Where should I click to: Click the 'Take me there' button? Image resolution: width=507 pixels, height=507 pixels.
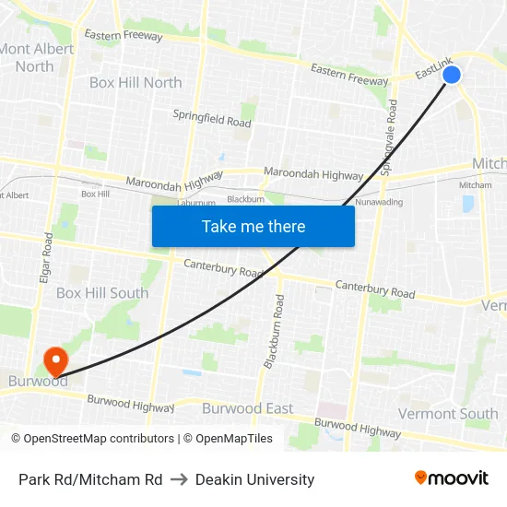point(253,226)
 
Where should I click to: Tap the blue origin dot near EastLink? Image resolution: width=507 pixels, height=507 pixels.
point(452,75)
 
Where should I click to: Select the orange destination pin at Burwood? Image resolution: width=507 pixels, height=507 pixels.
point(55,360)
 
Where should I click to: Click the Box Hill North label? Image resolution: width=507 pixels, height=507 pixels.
point(136,82)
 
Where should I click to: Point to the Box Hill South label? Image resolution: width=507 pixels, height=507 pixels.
point(102,293)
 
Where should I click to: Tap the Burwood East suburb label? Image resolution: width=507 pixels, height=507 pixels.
point(247,407)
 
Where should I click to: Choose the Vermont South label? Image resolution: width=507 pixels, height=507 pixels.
point(448,414)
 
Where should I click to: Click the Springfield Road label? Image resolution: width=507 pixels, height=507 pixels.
point(212,118)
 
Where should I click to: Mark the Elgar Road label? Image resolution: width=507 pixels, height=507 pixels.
point(47,257)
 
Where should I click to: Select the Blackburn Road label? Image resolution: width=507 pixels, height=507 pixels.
point(274,333)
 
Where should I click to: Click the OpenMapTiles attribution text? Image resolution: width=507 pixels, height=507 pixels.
point(228,439)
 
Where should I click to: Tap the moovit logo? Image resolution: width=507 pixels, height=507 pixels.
point(451,478)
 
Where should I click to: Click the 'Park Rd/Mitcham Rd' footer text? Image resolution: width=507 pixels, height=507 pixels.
point(90,479)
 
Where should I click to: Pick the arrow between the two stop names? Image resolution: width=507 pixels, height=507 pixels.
point(178,479)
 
